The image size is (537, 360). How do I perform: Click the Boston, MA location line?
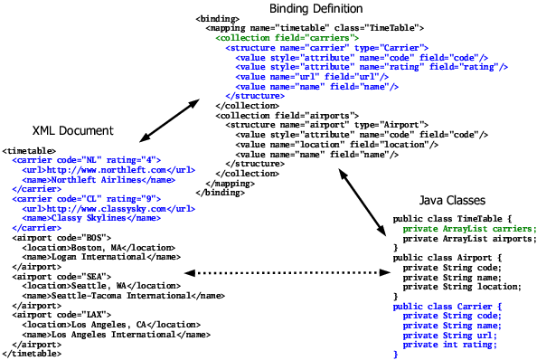coord(78,247)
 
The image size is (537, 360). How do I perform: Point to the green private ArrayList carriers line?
coord(469,229)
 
